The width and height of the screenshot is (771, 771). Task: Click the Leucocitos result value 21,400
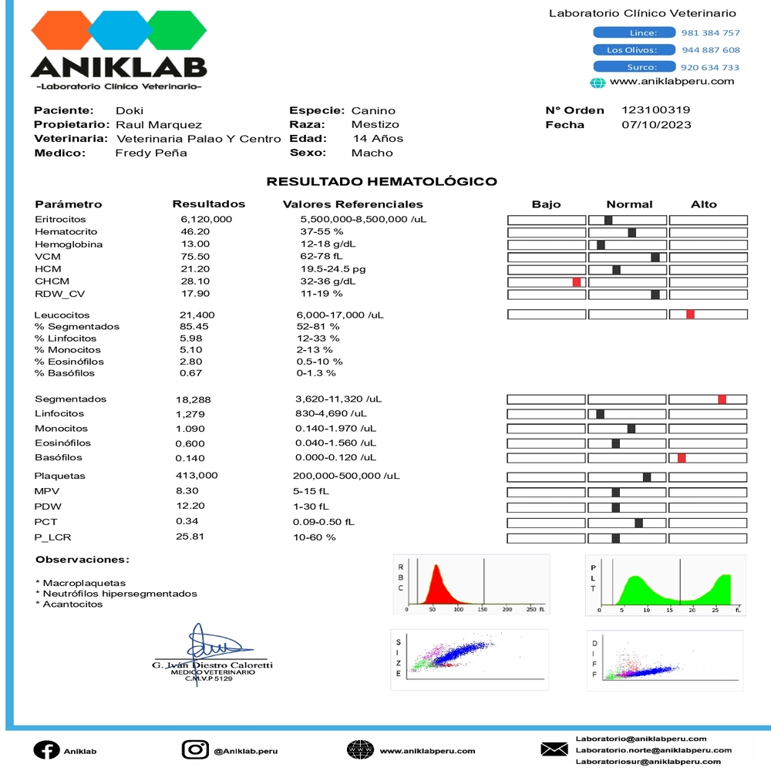coord(197,315)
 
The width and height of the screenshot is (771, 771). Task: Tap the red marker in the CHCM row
coord(576,282)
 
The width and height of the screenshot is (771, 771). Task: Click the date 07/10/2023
coord(656,125)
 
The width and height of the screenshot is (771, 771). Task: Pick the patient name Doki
coord(130,110)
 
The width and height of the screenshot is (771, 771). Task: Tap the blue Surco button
coord(634,68)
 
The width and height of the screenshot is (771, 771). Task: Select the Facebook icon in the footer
coord(46,750)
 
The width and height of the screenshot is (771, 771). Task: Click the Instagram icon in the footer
coord(195,749)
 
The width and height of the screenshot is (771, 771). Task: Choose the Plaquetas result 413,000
coord(197,476)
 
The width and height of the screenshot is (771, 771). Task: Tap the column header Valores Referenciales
coord(353,204)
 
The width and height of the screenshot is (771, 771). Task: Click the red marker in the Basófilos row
coord(682,458)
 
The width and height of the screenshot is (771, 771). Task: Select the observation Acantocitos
coord(72,604)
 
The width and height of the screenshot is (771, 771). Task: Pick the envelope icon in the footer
coord(554,749)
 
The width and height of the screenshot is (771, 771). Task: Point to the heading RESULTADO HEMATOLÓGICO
coord(382,182)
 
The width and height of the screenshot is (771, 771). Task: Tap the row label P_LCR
coord(53,537)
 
